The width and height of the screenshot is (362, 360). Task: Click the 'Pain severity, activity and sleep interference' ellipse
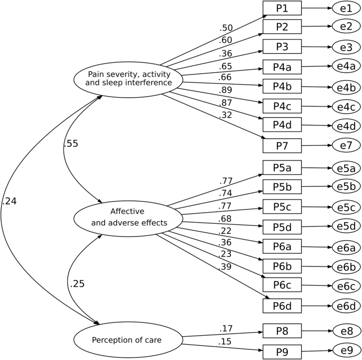(129, 78)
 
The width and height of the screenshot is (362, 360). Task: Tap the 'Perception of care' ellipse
(129, 339)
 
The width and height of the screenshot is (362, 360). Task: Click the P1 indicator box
(282, 8)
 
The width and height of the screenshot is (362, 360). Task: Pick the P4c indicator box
(282, 106)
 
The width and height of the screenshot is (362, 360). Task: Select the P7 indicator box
(282, 145)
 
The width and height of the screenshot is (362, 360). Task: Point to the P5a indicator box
(282, 168)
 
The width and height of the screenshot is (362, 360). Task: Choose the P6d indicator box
(282, 305)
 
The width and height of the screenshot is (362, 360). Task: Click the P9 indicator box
(282, 350)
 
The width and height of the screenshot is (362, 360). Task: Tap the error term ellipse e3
(347, 48)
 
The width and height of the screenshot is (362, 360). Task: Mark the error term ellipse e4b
(347, 87)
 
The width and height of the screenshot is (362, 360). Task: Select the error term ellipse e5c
(347, 207)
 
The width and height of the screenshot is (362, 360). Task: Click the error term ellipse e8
(347, 331)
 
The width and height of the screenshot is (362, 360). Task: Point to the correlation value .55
(70, 144)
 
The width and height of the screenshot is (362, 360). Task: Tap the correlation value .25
(77, 283)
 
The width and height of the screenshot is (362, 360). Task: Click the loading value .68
(226, 219)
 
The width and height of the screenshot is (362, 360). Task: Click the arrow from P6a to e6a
(317, 247)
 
